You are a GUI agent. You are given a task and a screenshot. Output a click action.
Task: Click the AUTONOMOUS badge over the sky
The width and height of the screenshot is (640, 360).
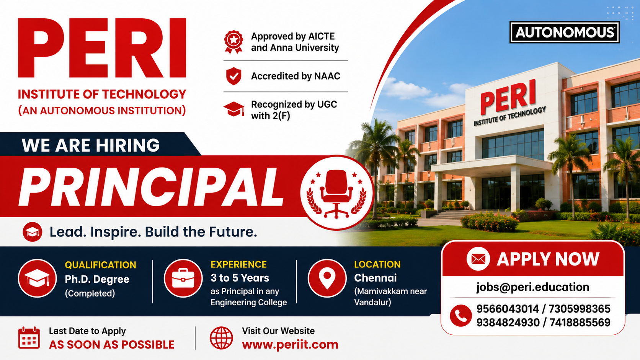[565, 32]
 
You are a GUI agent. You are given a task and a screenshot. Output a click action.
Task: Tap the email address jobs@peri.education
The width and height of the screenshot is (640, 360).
[532, 287]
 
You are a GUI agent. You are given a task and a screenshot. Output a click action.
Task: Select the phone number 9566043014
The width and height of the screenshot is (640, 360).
[508, 309]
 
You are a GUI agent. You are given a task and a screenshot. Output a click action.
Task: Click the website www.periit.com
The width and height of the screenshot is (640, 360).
[290, 345]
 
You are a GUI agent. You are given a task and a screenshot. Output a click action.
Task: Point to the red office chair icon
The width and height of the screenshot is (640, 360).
[336, 193]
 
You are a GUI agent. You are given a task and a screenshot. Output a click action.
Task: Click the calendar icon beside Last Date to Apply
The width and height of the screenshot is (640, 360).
[29, 338]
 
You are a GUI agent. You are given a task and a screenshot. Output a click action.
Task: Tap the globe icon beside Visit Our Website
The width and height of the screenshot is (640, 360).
[221, 338]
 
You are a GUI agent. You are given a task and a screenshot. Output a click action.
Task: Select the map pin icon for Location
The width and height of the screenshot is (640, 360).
[327, 279]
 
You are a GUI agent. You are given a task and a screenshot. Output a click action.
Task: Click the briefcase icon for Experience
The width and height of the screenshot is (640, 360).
[183, 279]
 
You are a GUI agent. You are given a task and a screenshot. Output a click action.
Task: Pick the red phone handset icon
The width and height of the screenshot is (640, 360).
[460, 316]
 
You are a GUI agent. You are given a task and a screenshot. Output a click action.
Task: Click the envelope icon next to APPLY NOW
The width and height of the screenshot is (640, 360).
[478, 259]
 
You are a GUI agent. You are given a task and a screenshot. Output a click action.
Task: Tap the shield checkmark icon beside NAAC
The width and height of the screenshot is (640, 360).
[234, 76]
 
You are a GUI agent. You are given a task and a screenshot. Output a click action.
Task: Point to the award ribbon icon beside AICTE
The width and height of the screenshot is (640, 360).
[234, 42]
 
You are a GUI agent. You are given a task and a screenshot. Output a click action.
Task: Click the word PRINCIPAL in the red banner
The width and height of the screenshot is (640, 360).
[151, 187]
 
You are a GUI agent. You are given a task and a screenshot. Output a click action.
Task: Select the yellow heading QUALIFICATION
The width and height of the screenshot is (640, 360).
[100, 265]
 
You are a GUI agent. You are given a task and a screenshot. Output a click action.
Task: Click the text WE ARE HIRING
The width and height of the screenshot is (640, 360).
[91, 145]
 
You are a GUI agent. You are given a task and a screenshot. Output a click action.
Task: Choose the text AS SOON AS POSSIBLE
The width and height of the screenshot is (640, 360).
[111, 345]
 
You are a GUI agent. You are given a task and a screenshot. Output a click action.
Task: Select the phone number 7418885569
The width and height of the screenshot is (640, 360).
[580, 323]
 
